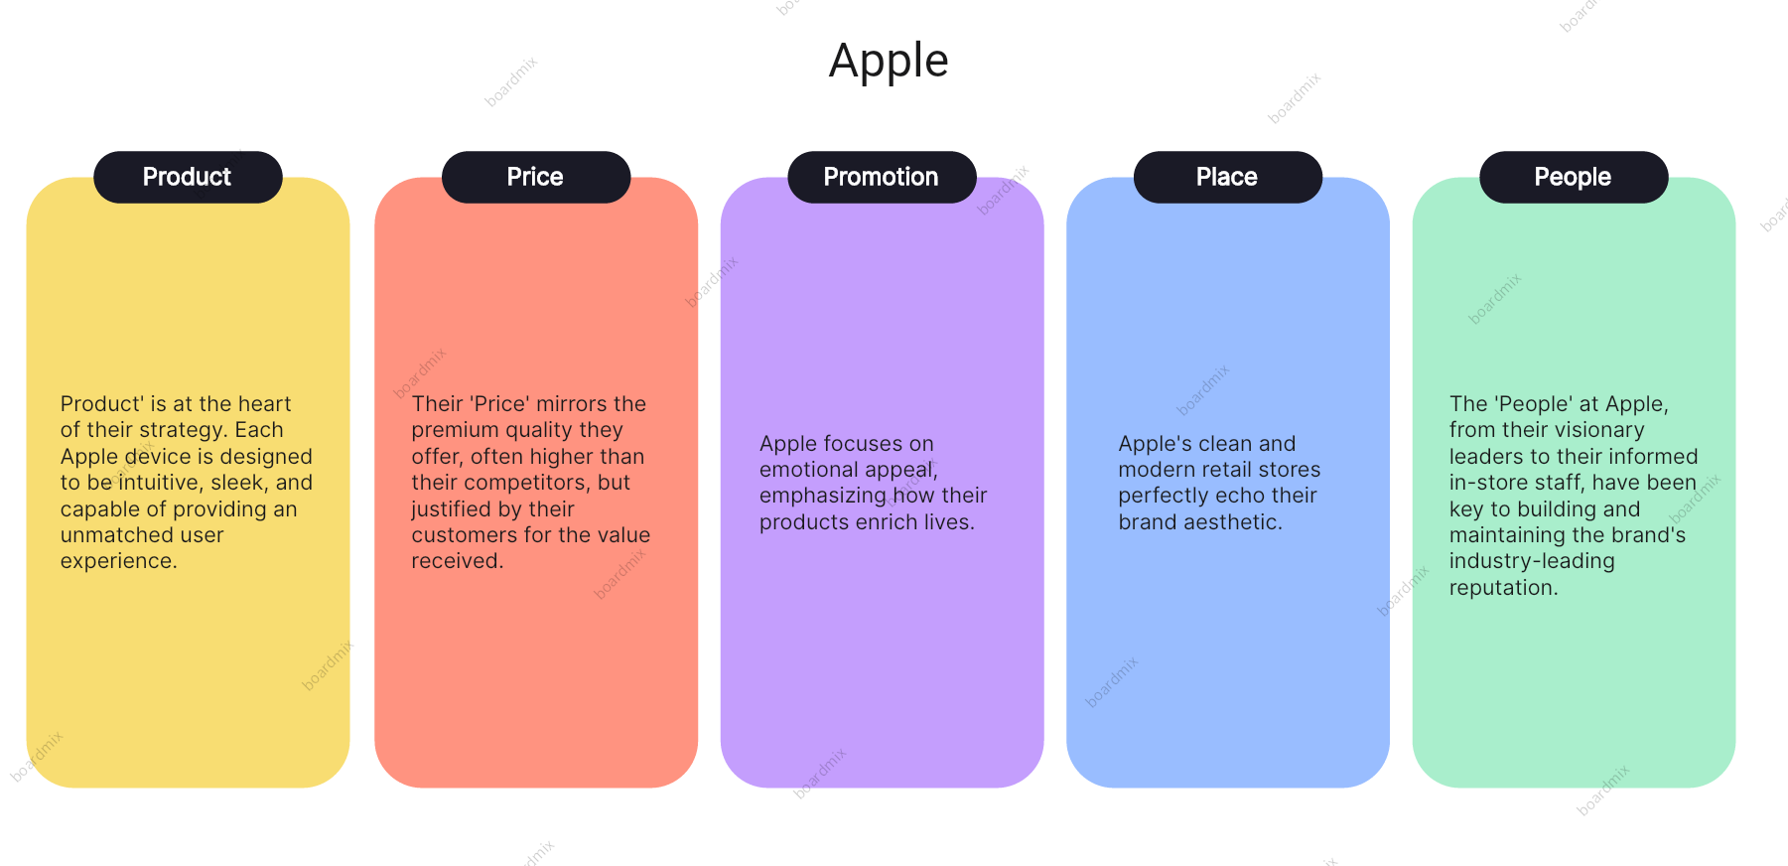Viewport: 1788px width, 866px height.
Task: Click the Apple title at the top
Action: tap(889, 62)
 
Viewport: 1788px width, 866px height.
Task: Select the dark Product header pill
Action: tap(188, 177)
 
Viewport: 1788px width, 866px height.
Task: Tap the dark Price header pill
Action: tap(536, 177)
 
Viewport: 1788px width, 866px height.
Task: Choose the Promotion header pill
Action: tap(882, 177)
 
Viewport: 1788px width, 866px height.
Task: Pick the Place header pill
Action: tap(1228, 177)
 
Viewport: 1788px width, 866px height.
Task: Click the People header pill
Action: tap(1574, 177)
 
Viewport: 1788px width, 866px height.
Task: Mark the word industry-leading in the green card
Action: tap(1532, 562)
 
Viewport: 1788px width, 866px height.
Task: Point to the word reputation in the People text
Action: tap(1504, 589)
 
